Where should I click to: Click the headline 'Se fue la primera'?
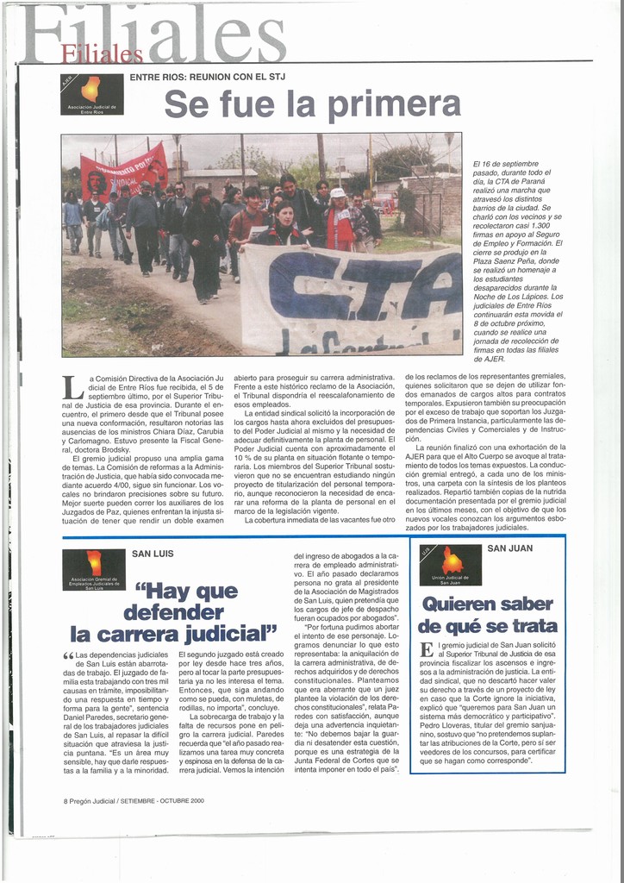click(312, 104)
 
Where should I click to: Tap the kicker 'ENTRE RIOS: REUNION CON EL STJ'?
click(207, 77)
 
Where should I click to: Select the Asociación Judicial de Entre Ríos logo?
click(92, 95)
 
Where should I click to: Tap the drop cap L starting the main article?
click(73, 387)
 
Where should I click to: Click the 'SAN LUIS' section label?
click(152, 554)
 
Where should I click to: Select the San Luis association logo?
click(94, 570)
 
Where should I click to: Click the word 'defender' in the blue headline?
click(172, 613)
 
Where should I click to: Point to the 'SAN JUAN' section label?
click(510, 548)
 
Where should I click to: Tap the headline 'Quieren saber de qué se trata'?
click(487, 614)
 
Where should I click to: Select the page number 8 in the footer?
click(66, 800)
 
